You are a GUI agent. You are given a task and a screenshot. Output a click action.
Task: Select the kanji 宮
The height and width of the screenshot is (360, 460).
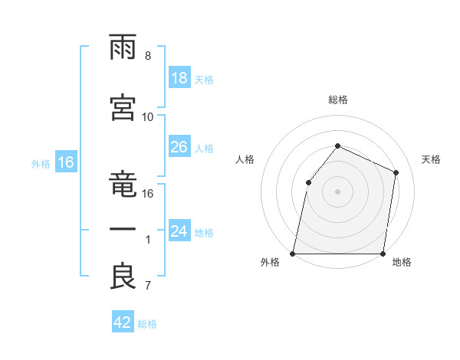[x=123, y=106]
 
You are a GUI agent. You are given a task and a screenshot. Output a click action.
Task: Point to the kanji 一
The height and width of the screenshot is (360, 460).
[x=123, y=229]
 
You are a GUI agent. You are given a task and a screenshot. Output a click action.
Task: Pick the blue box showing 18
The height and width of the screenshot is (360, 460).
[x=179, y=78]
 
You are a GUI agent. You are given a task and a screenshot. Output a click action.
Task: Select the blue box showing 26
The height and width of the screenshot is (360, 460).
[x=179, y=147]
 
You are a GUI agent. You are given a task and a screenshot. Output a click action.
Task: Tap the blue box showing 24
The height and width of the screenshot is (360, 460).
[x=179, y=231]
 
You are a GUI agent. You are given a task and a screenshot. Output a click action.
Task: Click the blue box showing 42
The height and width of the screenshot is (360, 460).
[x=123, y=322]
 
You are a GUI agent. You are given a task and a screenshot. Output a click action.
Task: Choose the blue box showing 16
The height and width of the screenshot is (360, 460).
[x=65, y=162]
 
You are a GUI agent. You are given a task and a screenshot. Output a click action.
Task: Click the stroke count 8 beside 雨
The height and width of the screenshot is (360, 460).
[x=148, y=56]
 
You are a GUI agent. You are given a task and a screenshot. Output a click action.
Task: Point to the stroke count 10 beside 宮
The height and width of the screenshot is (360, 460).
[x=148, y=116]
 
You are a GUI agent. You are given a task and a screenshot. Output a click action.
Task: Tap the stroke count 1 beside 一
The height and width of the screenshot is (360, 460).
[x=148, y=240]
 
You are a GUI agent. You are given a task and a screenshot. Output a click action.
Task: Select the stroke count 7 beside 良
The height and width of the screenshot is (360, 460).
[x=148, y=286]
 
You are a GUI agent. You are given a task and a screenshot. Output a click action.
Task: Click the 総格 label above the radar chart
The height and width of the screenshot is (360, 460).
[x=337, y=100]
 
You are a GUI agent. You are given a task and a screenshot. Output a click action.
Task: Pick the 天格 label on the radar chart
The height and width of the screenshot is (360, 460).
[x=432, y=159]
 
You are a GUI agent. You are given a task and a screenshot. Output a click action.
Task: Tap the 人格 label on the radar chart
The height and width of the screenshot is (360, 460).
[x=245, y=159]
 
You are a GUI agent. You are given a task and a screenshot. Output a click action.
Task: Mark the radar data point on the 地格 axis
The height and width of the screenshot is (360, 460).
[x=383, y=254]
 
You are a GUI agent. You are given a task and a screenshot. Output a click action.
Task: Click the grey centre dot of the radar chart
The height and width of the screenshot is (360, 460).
[x=337, y=191]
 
